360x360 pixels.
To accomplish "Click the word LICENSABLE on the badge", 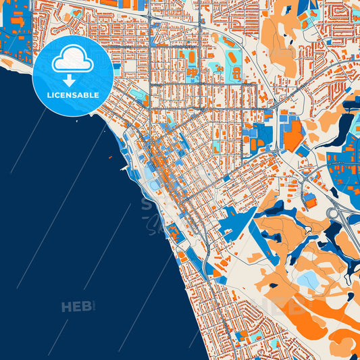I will [x=73, y=95].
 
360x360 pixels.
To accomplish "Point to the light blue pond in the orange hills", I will [x=309, y=280].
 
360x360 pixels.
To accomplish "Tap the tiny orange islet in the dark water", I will [x=110, y=157].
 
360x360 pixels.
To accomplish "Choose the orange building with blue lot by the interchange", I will [x=310, y=200].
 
